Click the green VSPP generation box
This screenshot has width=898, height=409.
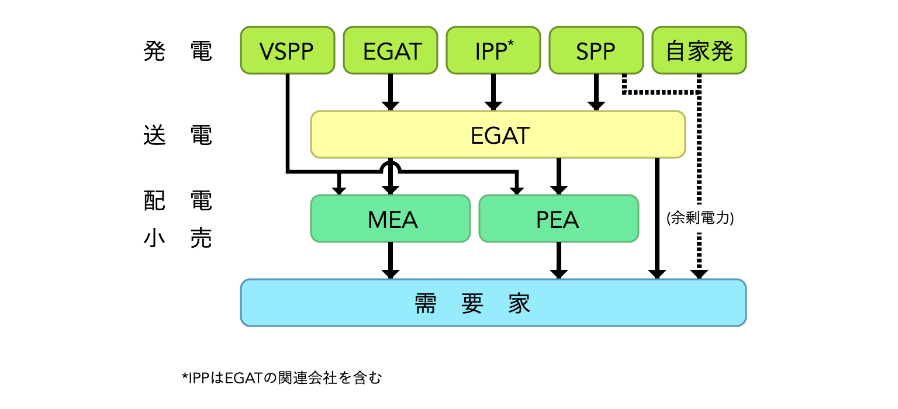point(287,50)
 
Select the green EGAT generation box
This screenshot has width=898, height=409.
point(390,50)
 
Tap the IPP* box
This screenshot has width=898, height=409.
point(493,50)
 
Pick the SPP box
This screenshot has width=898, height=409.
point(596,50)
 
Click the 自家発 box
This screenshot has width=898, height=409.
point(699,50)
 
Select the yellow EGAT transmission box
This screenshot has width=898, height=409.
point(498,134)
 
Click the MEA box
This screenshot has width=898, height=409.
point(391,219)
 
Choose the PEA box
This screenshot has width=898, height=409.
point(558,219)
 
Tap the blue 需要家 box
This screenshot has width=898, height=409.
point(493,303)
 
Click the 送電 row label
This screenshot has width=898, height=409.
point(177,136)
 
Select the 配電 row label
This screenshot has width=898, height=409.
point(177,201)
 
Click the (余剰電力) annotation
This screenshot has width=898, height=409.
point(700,219)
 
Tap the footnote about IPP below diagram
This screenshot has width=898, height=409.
point(281,378)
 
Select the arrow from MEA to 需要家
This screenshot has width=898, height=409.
point(391,261)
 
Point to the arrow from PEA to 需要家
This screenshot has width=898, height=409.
point(559,261)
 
